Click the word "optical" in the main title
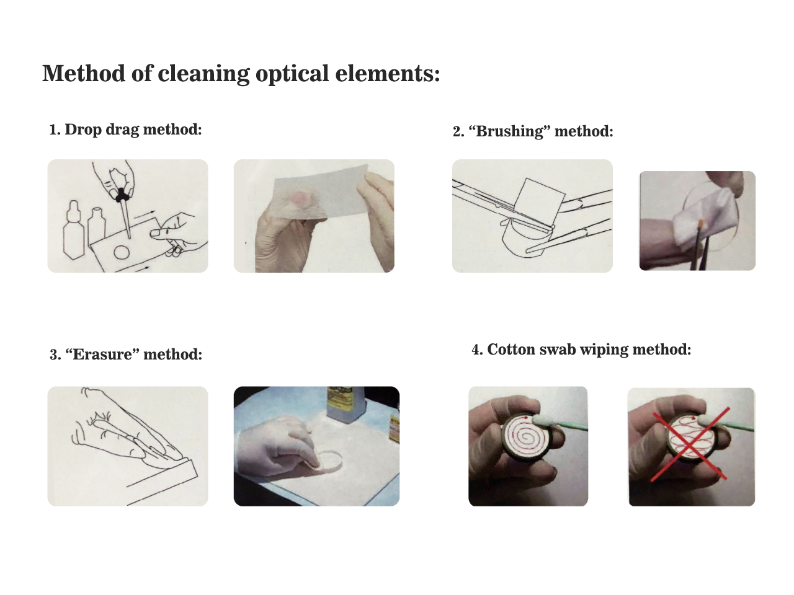click(x=292, y=73)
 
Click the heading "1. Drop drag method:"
click(x=125, y=130)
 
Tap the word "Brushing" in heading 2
click(x=509, y=131)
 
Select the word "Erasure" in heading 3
click(x=103, y=354)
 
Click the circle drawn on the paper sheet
click(x=121, y=252)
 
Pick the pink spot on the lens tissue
click(x=300, y=198)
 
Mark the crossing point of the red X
click(x=689, y=444)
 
